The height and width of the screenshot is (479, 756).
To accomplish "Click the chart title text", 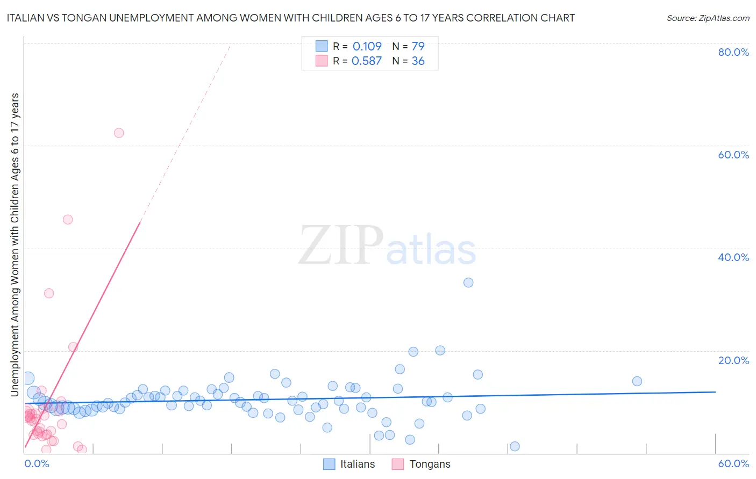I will pyautogui.click(x=291, y=18).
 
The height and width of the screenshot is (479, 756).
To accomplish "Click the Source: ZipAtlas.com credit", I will pyautogui.click(x=708, y=18).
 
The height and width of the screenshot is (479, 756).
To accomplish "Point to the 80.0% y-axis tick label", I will pyautogui.click(x=733, y=52).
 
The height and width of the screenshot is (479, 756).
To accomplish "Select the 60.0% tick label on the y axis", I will pyautogui.click(x=733, y=155).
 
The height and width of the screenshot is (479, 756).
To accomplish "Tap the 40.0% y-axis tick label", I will pyautogui.click(x=733, y=257).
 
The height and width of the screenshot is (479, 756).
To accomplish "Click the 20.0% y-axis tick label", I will pyautogui.click(x=733, y=360).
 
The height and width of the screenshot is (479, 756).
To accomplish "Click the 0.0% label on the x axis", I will pyautogui.click(x=37, y=463).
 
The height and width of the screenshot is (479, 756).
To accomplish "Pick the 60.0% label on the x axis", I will pyautogui.click(x=733, y=463).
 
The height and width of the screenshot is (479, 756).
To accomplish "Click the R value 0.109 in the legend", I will pyautogui.click(x=367, y=46).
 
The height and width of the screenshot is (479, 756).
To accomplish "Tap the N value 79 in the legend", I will pyautogui.click(x=418, y=46).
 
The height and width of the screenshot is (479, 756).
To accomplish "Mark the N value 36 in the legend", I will pyautogui.click(x=418, y=61).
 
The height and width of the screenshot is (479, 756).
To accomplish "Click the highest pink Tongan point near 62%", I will pyautogui.click(x=119, y=133).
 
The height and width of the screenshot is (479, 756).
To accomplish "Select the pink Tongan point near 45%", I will pyautogui.click(x=68, y=219).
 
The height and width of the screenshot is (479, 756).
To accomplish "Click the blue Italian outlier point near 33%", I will pyautogui.click(x=468, y=282).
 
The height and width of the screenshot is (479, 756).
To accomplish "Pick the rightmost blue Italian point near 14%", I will pyautogui.click(x=637, y=381).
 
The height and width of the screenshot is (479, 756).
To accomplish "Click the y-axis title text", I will pyautogui.click(x=15, y=245).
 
